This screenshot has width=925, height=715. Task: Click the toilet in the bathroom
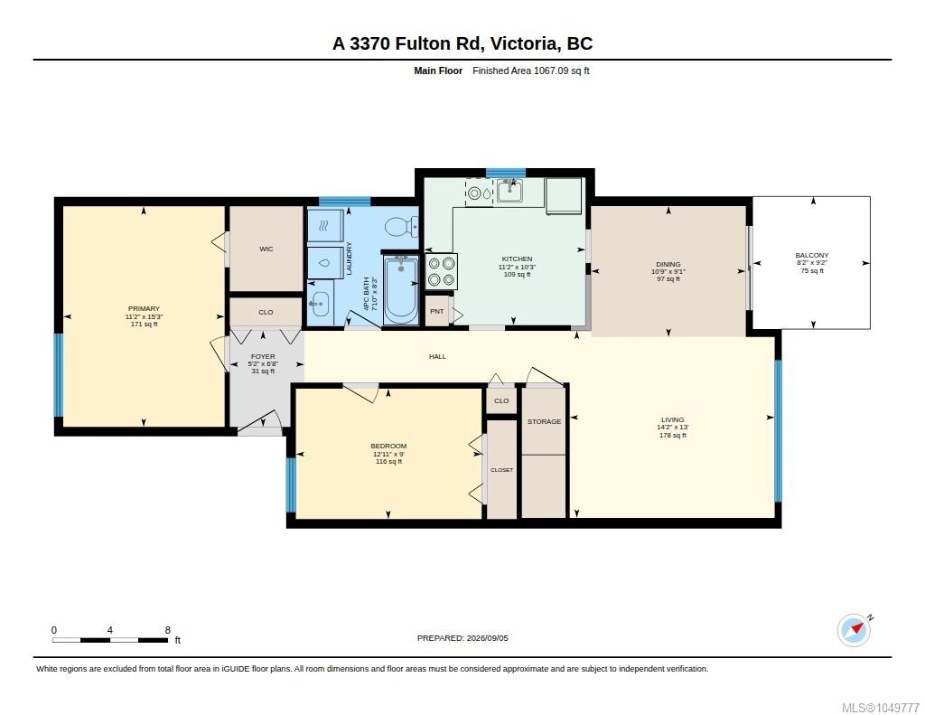(x=401, y=226)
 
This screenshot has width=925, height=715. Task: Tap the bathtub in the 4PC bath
(x=401, y=289)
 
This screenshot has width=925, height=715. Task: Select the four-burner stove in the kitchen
(x=441, y=271)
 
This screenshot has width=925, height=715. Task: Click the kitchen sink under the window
(x=509, y=191)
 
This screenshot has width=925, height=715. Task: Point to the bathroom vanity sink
(x=320, y=304)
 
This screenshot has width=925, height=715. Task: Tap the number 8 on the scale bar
(x=167, y=630)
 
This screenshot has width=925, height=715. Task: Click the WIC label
(x=266, y=249)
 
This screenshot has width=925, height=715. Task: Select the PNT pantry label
(x=437, y=311)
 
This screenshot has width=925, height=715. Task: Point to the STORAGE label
(x=544, y=421)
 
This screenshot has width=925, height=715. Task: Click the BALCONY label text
(x=812, y=255)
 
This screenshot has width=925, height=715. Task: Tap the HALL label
(x=438, y=357)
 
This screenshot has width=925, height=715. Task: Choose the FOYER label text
(x=263, y=357)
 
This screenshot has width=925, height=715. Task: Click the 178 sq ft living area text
(x=672, y=435)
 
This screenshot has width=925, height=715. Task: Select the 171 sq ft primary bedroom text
(x=144, y=325)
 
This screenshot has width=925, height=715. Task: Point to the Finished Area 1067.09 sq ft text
(x=531, y=71)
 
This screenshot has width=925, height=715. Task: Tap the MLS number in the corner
(x=880, y=708)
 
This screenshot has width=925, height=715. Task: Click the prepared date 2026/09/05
(x=487, y=638)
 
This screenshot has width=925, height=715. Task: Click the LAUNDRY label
(x=349, y=258)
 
